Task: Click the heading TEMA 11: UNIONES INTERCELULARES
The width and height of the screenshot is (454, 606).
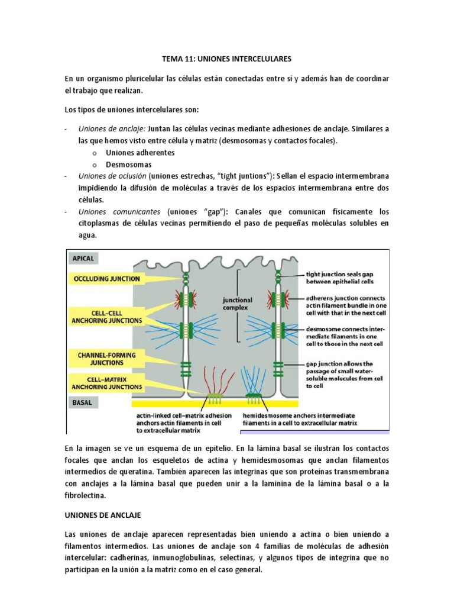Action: click(x=227, y=59)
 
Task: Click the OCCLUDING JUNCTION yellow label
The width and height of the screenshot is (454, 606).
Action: click(x=107, y=278)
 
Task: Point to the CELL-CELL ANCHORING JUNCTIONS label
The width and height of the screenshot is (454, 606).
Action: click(x=107, y=316)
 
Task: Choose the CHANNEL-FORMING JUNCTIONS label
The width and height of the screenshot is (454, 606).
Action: click(x=107, y=359)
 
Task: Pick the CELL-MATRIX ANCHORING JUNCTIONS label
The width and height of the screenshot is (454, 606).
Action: click(x=107, y=382)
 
